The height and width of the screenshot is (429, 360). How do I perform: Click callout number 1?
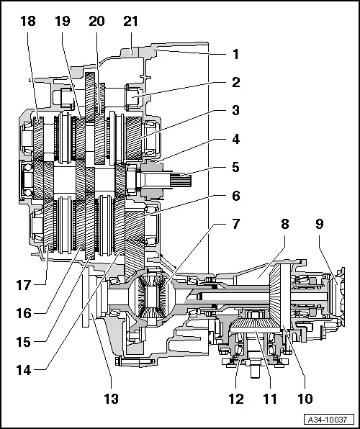(235, 54)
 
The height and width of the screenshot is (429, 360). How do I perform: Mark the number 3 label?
(235, 111)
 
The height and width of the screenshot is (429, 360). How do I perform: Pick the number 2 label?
(235, 83)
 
